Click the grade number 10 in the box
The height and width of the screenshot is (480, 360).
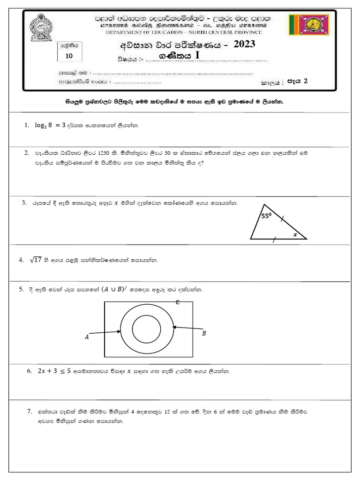69,56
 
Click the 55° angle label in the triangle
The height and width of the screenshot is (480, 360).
266,216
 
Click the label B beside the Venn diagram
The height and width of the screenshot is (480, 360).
204,334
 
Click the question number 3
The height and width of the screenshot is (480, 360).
23,203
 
